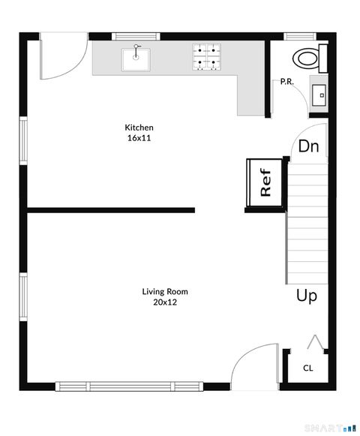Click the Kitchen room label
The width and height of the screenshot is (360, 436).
coord(139,128)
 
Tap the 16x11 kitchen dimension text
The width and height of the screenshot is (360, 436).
coord(139,138)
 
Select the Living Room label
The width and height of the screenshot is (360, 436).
coord(165,292)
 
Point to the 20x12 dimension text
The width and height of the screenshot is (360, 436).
coord(165,302)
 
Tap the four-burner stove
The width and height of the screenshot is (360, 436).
coord(208,58)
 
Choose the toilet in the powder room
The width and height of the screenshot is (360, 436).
coord(308,57)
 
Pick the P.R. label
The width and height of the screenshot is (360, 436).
coord(286,82)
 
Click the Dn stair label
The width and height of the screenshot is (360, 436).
coord(309,146)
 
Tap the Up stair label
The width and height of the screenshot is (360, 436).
coord(306,296)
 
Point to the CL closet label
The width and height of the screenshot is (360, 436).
coord(307,368)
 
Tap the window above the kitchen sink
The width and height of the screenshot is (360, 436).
coord(135,36)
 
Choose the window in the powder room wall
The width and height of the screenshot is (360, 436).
coord(298,36)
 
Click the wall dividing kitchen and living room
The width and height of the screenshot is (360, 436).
coord(111,210)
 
